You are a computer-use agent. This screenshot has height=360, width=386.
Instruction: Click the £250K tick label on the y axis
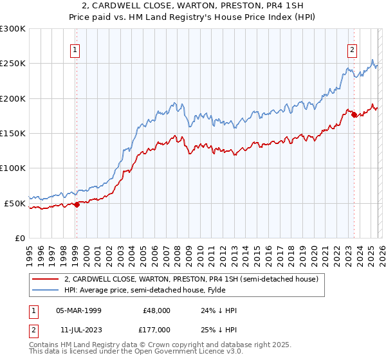pos(13,64)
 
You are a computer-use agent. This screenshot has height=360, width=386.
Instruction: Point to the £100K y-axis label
pos(13,168)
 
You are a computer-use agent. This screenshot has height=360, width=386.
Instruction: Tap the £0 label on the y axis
pos(19,238)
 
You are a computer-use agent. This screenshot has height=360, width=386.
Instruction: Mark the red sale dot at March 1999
pos(77,204)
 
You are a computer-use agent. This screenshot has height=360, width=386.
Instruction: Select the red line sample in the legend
pos(46,280)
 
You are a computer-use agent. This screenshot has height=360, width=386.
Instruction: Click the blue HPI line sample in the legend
pos(46,291)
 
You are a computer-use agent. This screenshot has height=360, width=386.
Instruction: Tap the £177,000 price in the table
pos(157,328)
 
